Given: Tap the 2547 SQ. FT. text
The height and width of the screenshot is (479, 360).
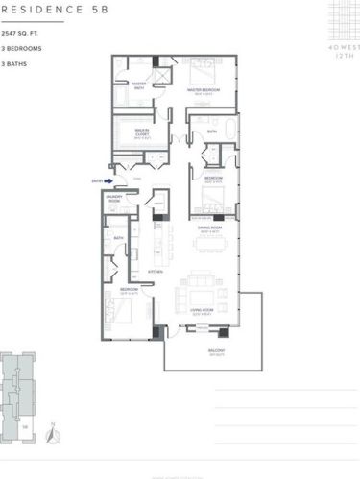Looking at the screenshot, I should (20, 34).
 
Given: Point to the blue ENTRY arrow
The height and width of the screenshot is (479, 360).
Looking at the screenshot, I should (110, 180).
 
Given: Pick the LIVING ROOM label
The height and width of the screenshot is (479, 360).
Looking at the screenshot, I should (202, 312).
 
